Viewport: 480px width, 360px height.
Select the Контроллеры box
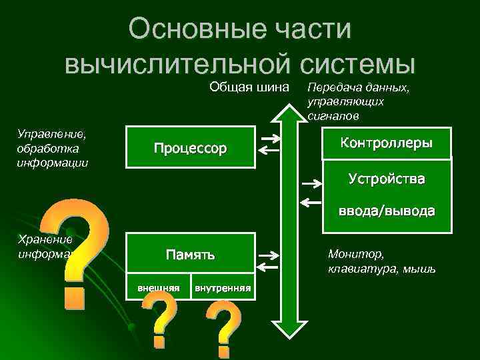[386, 143]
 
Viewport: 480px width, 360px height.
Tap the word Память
[190, 254]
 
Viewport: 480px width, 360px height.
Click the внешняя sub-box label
[158, 288]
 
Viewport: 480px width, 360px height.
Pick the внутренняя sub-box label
[222, 288]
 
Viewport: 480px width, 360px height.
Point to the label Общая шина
[249, 87]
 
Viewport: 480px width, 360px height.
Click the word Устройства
[386, 179]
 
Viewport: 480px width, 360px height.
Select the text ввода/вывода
[386, 211]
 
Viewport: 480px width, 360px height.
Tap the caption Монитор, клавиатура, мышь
[381, 261]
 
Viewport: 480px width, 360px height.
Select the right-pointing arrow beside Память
[269, 255]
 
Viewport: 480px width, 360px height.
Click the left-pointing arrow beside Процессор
[269, 151]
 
